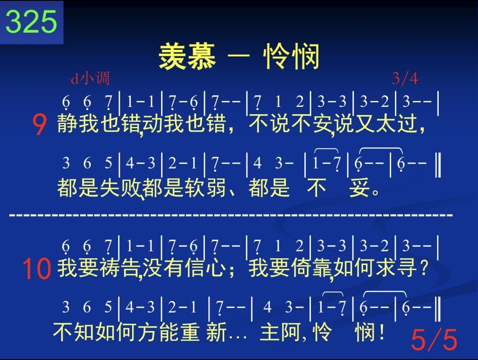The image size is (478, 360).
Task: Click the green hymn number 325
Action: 31,21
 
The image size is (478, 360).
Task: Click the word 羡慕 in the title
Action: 187,56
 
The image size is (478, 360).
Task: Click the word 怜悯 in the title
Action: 292,56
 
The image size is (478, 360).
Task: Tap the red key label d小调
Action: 90,78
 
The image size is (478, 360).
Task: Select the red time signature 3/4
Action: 405,79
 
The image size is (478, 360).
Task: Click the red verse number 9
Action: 39,125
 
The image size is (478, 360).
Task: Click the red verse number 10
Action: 36,269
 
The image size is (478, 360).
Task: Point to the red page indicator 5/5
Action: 434,339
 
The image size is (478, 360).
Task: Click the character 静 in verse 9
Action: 67,124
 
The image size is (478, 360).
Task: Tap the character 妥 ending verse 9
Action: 359,187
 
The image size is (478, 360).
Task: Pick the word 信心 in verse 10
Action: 205,268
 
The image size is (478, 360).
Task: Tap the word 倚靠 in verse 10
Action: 311,268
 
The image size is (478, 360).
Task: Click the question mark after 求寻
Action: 423,268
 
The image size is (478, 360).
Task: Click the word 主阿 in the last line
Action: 281,332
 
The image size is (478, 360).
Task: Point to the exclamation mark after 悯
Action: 382,332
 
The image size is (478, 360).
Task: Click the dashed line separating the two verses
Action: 231,215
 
